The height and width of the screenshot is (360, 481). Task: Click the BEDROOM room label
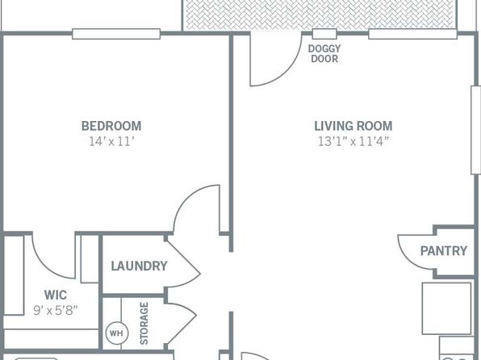tap(111, 126)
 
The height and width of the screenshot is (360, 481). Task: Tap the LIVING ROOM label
tap(353, 126)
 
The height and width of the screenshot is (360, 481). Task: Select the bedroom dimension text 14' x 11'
tap(111, 141)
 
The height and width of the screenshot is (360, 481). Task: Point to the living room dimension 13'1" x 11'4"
tap(353, 141)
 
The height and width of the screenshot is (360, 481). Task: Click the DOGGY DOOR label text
tap(324, 54)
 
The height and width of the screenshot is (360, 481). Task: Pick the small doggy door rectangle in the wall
tap(324, 34)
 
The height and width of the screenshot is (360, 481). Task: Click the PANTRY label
tap(444, 251)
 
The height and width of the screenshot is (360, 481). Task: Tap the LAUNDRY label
tap(140, 266)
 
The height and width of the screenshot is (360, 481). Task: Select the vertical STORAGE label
tap(144, 324)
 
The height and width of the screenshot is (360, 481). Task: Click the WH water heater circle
tap(117, 333)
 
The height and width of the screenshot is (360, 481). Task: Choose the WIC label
tap(56, 295)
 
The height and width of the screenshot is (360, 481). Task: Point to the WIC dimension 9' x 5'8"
tap(56, 311)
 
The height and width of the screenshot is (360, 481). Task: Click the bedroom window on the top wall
tap(116, 34)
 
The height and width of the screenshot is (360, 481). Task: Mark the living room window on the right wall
tap(476, 130)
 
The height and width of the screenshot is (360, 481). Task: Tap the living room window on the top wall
tap(412, 34)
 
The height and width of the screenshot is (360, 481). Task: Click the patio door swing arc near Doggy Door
tap(288, 71)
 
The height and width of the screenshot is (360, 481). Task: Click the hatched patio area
tap(319, 15)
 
